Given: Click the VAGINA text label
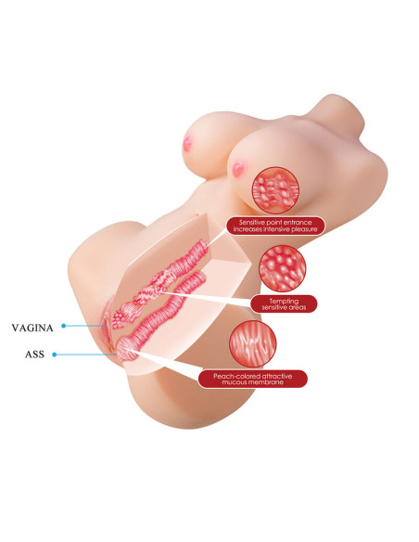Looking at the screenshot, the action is coord(32,328).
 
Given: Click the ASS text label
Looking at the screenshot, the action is coord(34,355).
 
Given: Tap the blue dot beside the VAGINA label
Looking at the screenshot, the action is coord(64,326).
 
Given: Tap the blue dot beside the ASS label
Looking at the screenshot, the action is coord(54,355).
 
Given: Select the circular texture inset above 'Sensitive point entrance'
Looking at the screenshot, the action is coord(275,190).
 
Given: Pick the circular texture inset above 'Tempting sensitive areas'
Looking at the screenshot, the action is coord(283,268).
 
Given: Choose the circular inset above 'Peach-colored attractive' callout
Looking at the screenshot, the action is coord(253,344).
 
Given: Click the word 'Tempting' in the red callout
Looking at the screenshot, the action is coord(284,301).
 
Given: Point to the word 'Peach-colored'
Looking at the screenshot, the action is coord(233,376).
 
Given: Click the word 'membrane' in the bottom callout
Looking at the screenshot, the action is coord(268,382).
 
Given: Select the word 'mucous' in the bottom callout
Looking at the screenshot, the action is coord(235,382).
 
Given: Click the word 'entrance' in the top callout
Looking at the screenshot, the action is coord(298,223).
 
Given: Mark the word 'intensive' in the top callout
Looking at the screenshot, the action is coord(275,229).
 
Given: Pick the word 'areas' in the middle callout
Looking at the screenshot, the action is coord(297,307).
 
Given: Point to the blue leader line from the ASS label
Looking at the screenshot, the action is coord(85,355).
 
